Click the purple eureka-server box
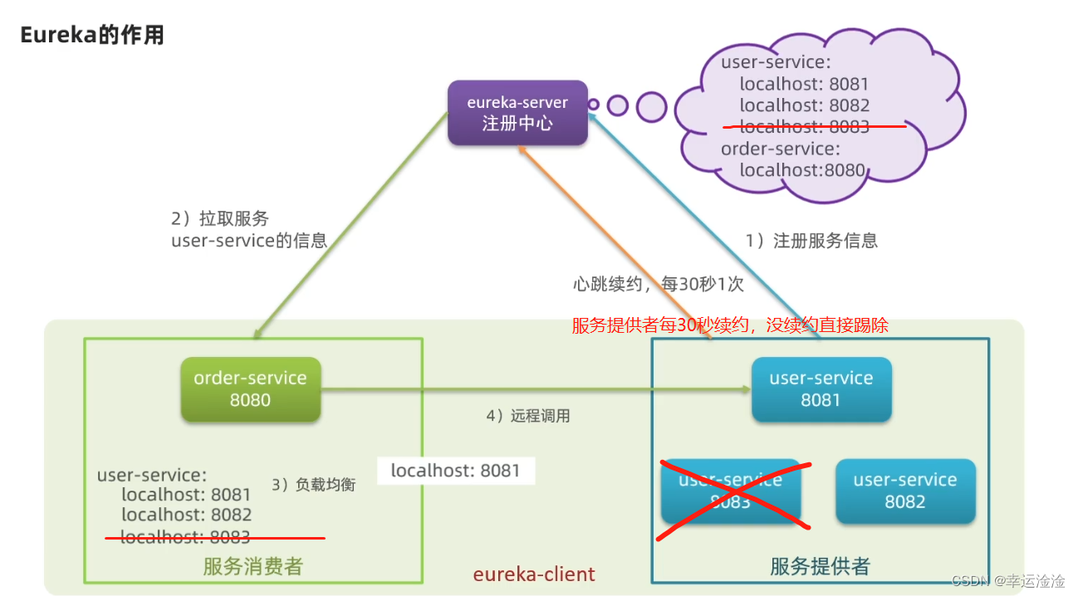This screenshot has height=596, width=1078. (517, 113)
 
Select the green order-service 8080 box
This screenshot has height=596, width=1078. (250, 388)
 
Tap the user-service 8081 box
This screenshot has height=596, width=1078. (821, 388)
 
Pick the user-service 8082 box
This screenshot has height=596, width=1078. (904, 491)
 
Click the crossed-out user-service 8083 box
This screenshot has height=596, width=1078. (731, 491)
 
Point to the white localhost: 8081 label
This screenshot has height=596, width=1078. (455, 471)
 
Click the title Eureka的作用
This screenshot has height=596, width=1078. (92, 35)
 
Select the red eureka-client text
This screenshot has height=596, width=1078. (534, 574)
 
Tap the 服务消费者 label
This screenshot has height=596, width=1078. (253, 567)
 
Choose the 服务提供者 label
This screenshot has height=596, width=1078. (820, 567)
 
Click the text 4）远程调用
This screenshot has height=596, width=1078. (528, 416)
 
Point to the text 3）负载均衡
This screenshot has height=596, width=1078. (313, 485)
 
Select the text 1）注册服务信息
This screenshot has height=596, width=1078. (811, 241)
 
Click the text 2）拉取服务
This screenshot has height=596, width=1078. (220, 219)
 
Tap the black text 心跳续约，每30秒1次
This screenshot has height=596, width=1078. (658, 284)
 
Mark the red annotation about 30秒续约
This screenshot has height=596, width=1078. (730, 325)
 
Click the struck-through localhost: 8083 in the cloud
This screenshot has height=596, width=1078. (804, 127)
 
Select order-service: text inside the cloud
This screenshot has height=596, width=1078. (780, 149)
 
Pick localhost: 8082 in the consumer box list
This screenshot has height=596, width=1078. (186, 515)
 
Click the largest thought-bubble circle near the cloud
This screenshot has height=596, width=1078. (651, 106)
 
